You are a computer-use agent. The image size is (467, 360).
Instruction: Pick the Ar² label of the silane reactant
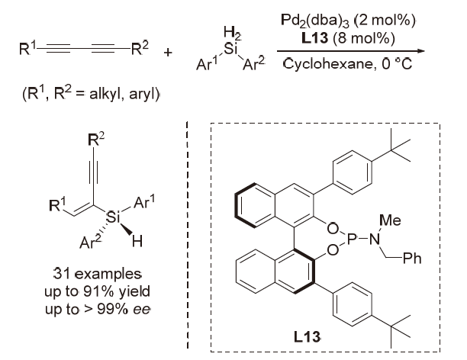pos(260,63)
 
